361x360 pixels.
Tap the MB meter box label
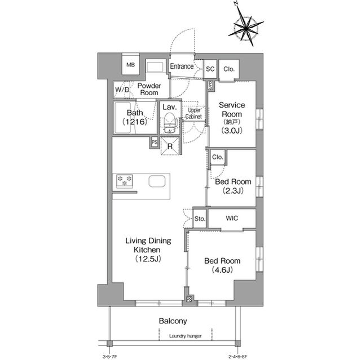(130, 65)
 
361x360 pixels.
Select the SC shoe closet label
(210, 69)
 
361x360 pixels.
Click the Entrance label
(182, 66)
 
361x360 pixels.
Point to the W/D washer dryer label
(122, 90)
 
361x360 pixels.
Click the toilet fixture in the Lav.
(170, 123)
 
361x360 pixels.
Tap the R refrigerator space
(170, 146)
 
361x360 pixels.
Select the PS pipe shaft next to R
(155, 143)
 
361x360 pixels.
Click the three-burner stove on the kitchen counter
(124, 181)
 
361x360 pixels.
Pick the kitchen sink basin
(157, 181)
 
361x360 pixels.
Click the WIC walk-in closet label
(232, 218)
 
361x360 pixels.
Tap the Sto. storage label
(200, 219)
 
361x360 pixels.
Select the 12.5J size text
(148, 259)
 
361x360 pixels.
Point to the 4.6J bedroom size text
(222, 270)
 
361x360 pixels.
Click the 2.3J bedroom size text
(233, 190)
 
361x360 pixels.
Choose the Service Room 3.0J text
(232, 118)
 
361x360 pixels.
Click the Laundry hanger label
(186, 336)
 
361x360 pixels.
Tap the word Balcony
(173, 321)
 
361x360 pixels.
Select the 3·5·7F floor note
(110, 357)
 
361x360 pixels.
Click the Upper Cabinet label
(193, 113)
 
